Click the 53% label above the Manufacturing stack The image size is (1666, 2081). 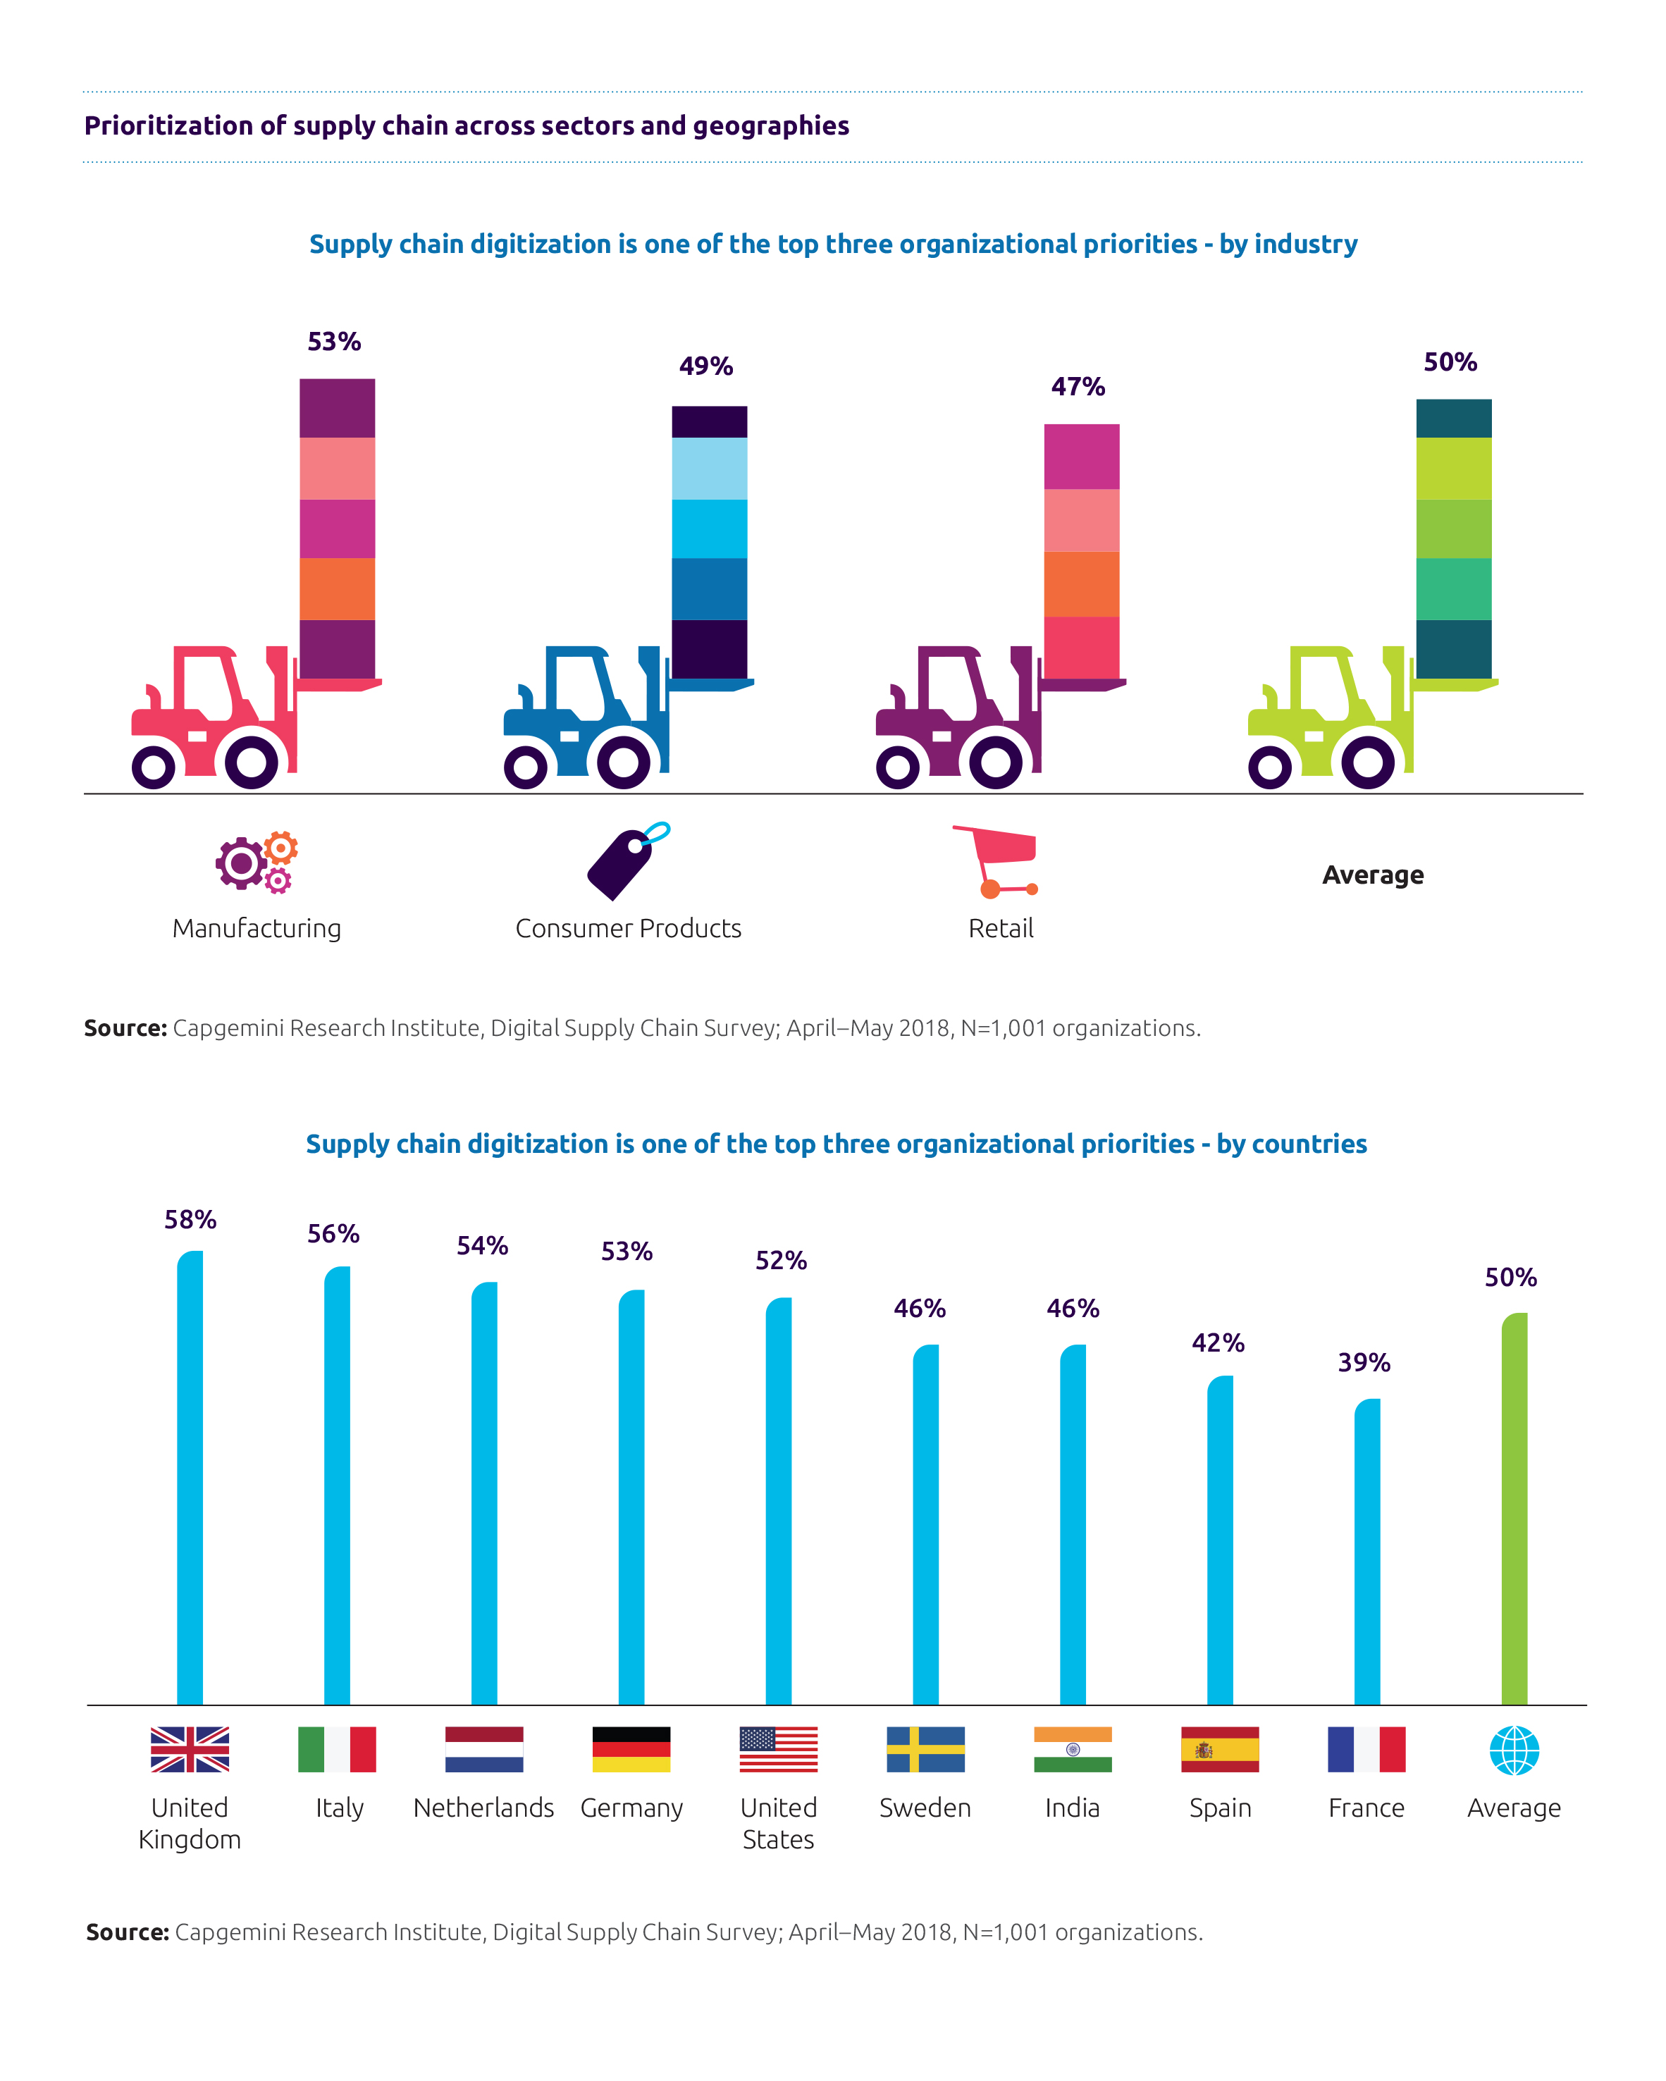click(334, 342)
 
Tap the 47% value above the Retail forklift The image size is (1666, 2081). click(1078, 387)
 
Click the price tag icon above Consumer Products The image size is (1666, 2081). click(627, 861)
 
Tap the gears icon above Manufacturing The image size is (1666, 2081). click(257, 861)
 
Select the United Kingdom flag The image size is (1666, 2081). click(190, 1749)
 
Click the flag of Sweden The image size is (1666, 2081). click(925, 1749)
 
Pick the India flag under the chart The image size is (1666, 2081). click(1073, 1749)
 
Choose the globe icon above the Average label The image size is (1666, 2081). click(1514, 1750)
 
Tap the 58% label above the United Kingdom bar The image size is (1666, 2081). click(190, 1220)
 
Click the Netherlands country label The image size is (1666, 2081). click(483, 1808)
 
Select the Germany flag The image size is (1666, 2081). click(631, 1749)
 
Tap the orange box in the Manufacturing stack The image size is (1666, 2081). click(337, 588)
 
